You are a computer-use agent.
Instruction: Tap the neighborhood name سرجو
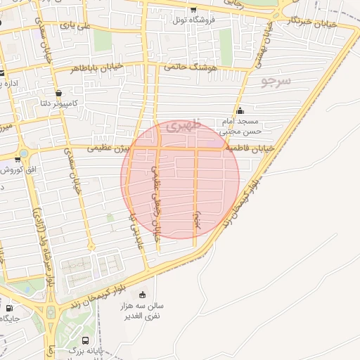[x=275, y=82]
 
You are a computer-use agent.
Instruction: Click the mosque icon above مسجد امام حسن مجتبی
[x=240, y=110]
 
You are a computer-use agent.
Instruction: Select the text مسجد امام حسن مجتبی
[x=241, y=125]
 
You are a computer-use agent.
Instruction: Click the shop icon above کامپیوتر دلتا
[x=58, y=93]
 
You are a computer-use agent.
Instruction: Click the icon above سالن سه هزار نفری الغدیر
[x=143, y=295]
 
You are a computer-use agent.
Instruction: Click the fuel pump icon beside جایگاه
[x=8, y=308]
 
